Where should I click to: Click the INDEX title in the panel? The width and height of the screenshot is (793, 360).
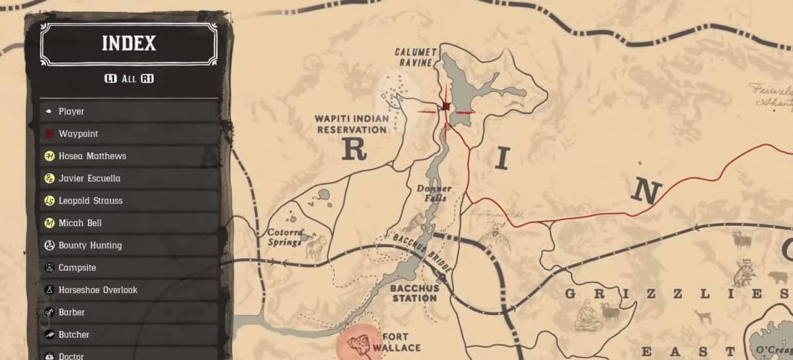tap(129, 44)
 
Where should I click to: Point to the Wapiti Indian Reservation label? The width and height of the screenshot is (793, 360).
tap(352, 124)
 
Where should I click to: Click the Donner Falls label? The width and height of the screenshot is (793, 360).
tap(434, 193)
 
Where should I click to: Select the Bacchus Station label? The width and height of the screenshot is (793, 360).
tap(414, 293)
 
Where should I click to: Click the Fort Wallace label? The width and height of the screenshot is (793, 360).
tap(401, 342)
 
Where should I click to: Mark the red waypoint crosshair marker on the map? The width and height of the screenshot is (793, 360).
tap(446, 106)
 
